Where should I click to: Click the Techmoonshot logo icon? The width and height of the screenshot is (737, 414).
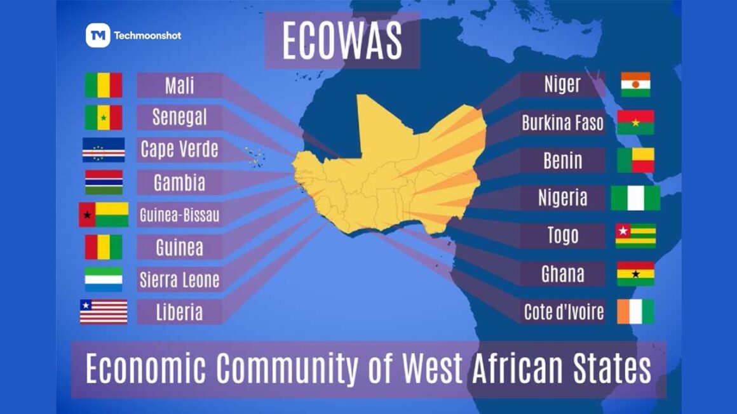click(x=97, y=36)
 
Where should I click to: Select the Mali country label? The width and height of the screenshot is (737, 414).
click(x=179, y=85)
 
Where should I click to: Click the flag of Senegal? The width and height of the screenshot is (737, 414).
click(x=104, y=117)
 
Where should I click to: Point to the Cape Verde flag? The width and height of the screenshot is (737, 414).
click(x=104, y=150)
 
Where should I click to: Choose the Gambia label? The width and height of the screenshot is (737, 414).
click(x=179, y=183)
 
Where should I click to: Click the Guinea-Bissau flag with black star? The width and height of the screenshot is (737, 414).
click(x=104, y=215)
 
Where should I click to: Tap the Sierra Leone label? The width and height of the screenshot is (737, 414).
click(x=179, y=279)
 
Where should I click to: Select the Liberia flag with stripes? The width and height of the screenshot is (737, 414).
click(x=104, y=312)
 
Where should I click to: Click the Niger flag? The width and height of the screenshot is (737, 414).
click(x=635, y=84)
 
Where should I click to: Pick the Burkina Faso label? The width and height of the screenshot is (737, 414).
click(x=562, y=123)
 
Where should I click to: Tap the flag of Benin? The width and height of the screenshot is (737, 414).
click(x=635, y=160)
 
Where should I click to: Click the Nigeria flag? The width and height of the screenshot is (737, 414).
click(x=635, y=198)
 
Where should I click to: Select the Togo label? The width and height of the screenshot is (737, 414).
click(x=562, y=236)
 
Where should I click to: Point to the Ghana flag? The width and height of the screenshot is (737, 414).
click(x=635, y=274)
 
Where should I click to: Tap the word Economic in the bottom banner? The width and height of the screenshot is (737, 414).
click(x=145, y=369)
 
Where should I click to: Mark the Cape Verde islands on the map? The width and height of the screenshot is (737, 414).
click(x=255, y=156)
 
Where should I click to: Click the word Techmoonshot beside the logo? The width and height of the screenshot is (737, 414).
click(x=147, y=36)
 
